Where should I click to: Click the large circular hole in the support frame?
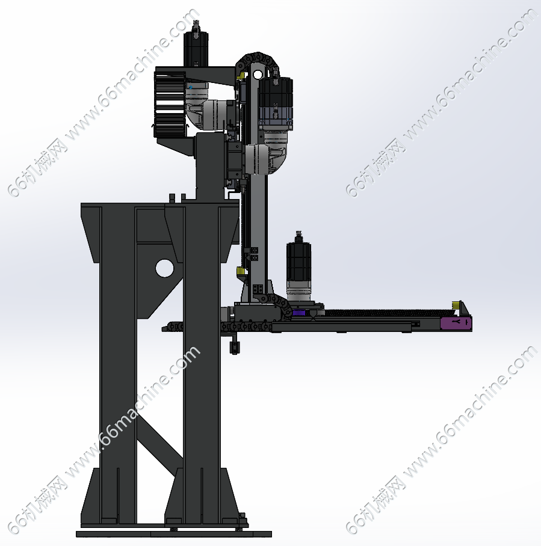(x=164, y=268)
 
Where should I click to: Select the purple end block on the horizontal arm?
(x=456, y=323)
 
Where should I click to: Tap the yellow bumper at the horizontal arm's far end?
(x=456, y=305)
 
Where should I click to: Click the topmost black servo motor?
(x=196, y=48)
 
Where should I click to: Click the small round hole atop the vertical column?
(x=257, y=74)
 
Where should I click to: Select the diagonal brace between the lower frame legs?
(x=160, y=437)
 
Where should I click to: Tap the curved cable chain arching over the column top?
(x=257, y=58)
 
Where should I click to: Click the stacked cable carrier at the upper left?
(x=170, y=104)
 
